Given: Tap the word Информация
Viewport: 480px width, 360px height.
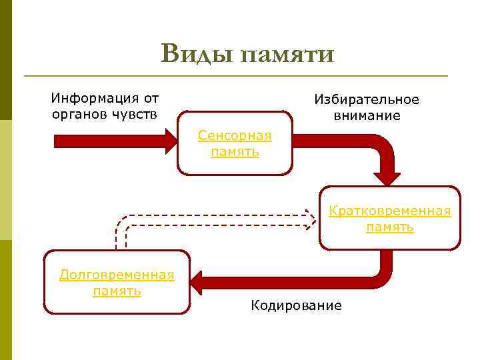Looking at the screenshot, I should click(x=91, y=99).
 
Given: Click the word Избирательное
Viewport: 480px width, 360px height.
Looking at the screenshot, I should click(x=367, y=100).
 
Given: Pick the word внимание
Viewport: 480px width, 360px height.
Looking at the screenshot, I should click(x=367, y=115).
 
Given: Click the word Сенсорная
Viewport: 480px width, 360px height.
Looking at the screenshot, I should click(x=235, y=136).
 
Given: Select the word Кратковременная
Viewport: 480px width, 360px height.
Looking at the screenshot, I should click(x=390, y=211).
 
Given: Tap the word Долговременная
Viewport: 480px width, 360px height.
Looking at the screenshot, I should click(x=117, y=275).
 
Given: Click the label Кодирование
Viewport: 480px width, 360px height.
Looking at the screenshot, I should click(x=296, y=306).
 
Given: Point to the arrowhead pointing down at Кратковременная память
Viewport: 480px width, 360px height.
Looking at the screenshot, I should click(x=387, y=177).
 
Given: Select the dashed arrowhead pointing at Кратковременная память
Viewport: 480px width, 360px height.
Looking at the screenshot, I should click(x=310, y=218).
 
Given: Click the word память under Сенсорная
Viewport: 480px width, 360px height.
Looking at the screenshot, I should click(x=235, y=152).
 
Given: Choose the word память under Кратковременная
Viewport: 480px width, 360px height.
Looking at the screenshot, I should click(x=390, y=227).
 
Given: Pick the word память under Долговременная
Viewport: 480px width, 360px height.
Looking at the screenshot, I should click(x=117, y=291).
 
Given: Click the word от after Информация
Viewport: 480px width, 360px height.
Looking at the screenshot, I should click(x=151, y=99).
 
